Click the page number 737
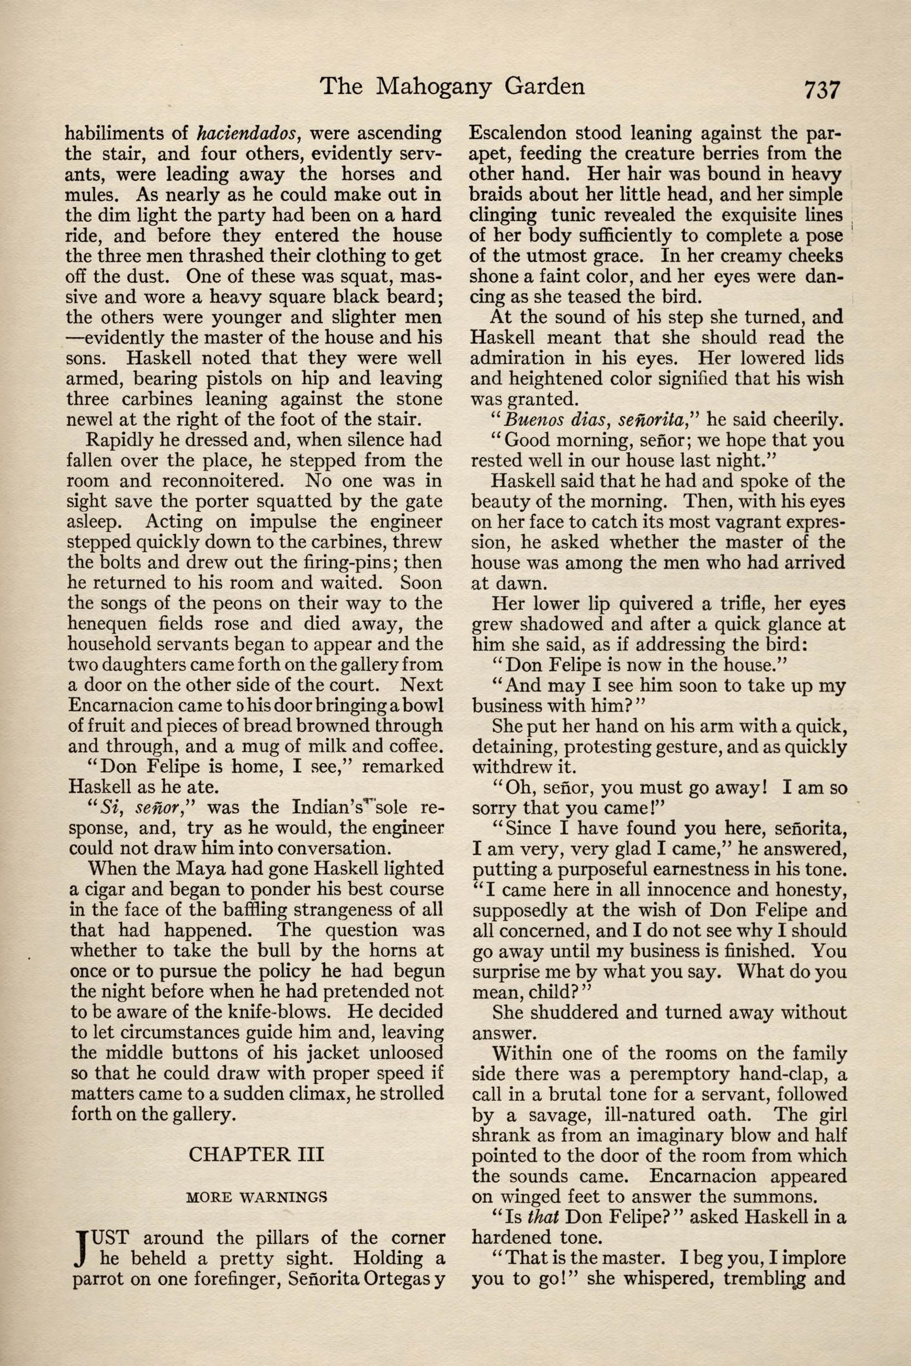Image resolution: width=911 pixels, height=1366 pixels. pos(822,91)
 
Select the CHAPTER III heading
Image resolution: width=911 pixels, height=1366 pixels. pos(256,1153)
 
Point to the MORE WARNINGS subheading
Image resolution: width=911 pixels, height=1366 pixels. pos(256,1197)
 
